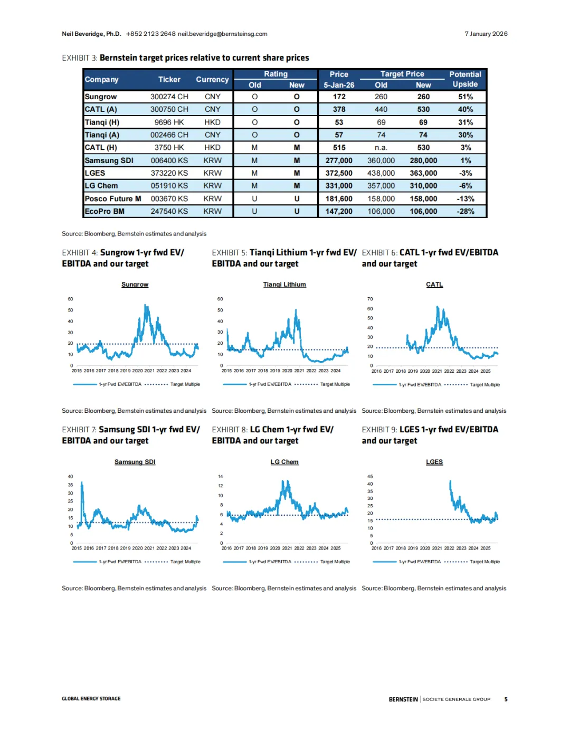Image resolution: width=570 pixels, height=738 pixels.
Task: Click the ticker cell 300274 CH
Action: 169,97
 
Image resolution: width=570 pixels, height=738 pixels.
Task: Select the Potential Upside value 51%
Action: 465,97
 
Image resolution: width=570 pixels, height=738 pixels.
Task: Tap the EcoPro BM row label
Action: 104,211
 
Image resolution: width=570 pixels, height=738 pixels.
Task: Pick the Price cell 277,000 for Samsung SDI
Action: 339,160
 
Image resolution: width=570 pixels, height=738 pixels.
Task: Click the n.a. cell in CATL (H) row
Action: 381,148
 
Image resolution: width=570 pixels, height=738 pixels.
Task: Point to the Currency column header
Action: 212,79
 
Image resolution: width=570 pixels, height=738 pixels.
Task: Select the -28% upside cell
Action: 465,211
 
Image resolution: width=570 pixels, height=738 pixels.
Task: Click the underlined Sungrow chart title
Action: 135,285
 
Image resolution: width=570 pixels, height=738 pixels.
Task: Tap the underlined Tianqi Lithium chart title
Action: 284,285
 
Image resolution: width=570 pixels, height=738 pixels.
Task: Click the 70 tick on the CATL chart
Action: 370,299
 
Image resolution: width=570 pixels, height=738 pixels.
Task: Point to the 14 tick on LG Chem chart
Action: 221,477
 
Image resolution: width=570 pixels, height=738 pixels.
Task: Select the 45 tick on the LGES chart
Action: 370,477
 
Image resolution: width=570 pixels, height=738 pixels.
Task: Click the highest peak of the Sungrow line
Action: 146,305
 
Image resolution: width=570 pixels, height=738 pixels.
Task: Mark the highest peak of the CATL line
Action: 438,307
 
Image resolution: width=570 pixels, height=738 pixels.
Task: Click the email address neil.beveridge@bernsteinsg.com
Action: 222,34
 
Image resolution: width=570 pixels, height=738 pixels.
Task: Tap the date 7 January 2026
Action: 486,34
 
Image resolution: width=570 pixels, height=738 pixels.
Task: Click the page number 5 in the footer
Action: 506,699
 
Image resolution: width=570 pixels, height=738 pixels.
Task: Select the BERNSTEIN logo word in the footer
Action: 403,699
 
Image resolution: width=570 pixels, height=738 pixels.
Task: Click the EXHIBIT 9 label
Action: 379,430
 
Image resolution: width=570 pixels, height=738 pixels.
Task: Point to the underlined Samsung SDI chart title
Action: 135,462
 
